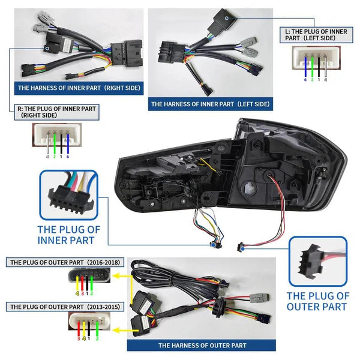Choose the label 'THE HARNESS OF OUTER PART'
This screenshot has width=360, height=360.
pos(202,345)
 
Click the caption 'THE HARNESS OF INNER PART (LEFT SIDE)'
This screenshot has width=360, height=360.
pos(210,104)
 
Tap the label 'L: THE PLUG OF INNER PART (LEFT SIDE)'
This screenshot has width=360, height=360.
pos(316,35)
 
